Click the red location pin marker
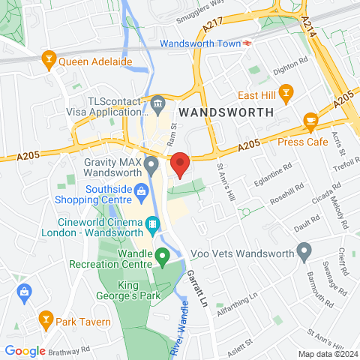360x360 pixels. [179, 163]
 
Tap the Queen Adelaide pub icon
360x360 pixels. [49, 58]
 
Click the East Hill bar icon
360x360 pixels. [285, 94]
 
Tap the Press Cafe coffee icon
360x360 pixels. [310, 121]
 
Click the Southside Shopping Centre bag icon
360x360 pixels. [140, 194]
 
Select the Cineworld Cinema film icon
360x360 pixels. [153, 223]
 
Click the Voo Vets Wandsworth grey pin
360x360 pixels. [304, 251]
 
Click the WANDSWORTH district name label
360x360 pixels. [226, 112]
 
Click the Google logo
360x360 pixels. [25, 350]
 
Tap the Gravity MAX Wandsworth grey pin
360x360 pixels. [151, 163]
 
